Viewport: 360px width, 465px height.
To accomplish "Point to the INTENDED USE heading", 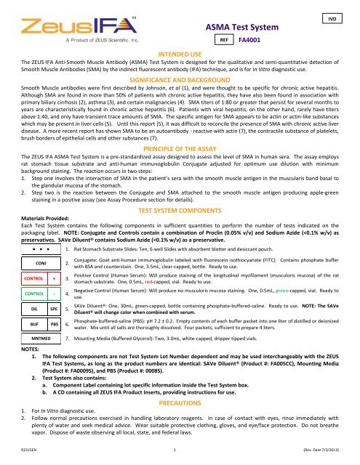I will pos(180,54).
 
